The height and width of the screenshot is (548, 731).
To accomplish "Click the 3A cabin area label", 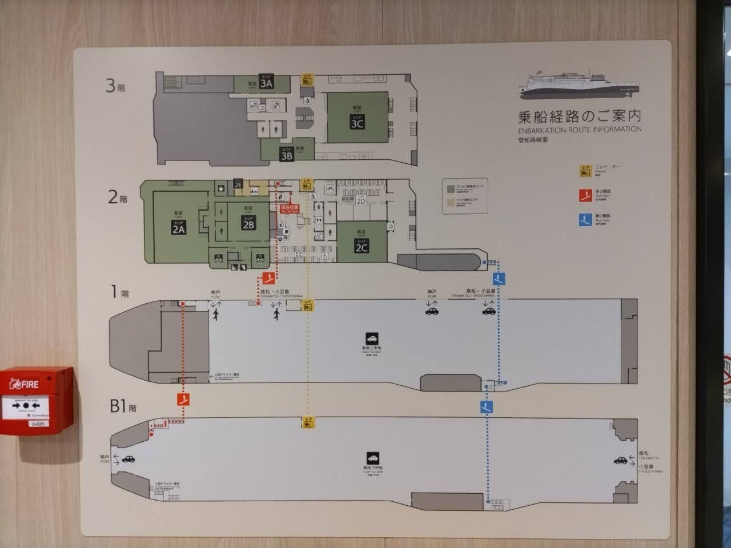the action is (x=266, y=82).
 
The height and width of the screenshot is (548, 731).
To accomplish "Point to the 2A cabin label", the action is (x=179, y=228).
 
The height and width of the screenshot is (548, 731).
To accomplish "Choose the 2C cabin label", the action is (x=362, y=246).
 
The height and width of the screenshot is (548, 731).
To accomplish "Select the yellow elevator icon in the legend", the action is (x=585, y=170).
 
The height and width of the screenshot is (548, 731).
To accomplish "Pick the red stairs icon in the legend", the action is (x=585, y=196).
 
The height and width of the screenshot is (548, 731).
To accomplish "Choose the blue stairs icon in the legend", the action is (x=585, y=220).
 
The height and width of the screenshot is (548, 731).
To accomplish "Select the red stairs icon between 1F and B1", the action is (x=183, y=399).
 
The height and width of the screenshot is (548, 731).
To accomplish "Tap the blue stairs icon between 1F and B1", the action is (x=486, y=407).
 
